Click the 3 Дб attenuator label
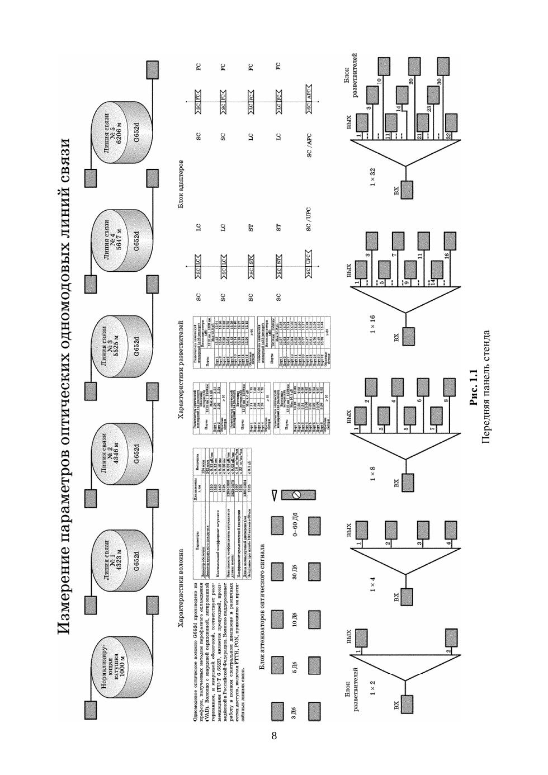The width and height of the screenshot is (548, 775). [294, 711]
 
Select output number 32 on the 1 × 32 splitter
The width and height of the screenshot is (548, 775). [449, 136]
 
